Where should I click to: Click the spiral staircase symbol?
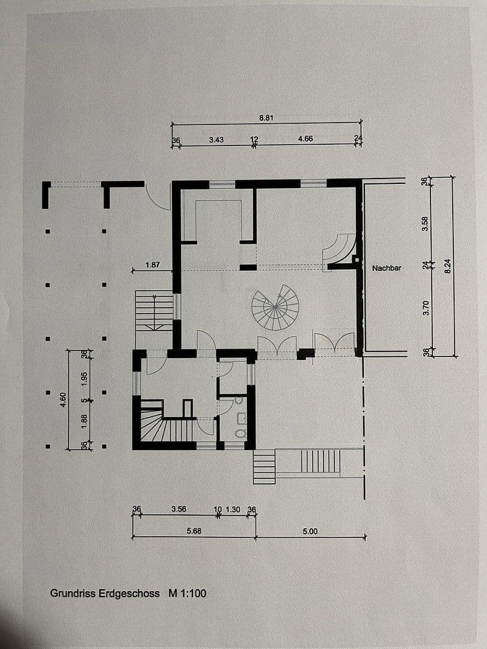click(x=275, y=307)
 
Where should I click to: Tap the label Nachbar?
click(x=386, y=268)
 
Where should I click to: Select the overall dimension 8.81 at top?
click(x=266, y=118)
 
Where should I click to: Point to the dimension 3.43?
click(x=216, y=139)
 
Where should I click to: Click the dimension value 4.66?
click(x=305, y=139)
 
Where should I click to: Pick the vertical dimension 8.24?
click(x=447, y=266)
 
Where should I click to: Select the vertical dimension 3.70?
click(x=426, y=309)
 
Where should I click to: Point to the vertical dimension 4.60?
click(x=63, y=400)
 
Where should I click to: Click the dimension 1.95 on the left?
click(x=85, y=379)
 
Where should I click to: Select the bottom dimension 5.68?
click(x=194, y=531)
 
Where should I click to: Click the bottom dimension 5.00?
click(x=310, y=531)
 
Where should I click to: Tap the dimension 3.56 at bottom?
click(x=178, y=510)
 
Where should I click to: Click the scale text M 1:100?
click(x=188, y=593)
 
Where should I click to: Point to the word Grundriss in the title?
click(x=71, y=593)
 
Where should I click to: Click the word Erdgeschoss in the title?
click(x=130, y=593)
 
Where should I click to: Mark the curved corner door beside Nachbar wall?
click(x=340, y=250)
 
